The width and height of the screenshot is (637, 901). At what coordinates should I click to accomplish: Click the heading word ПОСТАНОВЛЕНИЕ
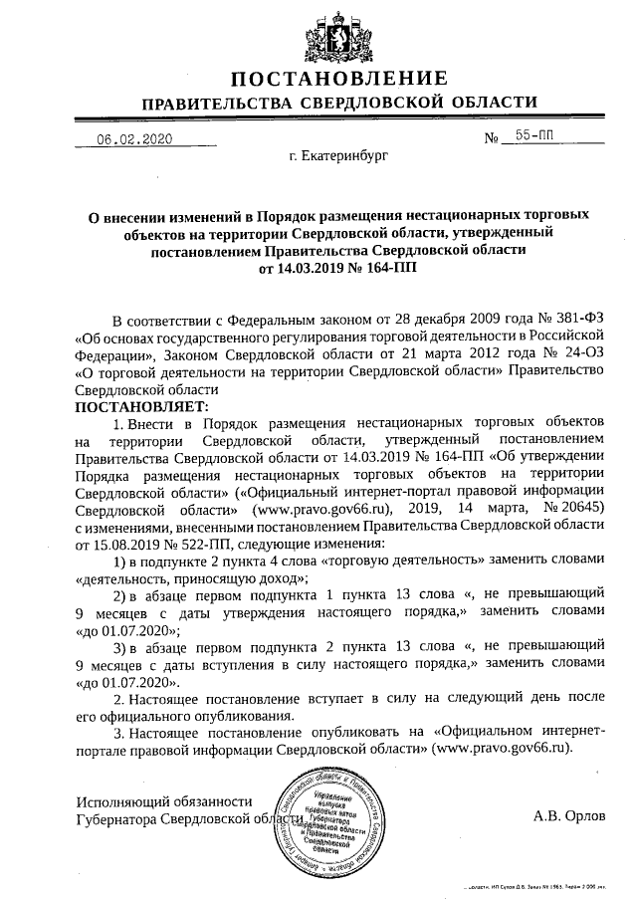[338, 80]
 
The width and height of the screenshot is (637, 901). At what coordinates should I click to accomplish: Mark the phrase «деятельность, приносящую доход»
[193, 578]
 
